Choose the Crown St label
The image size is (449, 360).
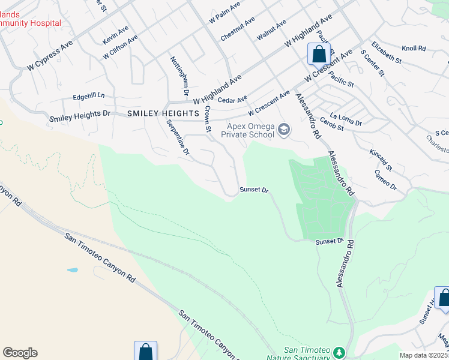click(x=208, y=119)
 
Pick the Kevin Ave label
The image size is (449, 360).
click(x=115, y=34)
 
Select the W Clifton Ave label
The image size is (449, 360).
click(x=120, y=46)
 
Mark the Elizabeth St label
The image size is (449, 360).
click(x=386, y=52)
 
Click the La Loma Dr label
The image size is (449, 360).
click(x=346, y=119)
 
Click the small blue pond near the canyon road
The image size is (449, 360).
click(x=72, y=270)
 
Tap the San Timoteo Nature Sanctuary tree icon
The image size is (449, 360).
click(x=339, y=352)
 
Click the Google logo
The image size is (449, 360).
click(x=20, y=353)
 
